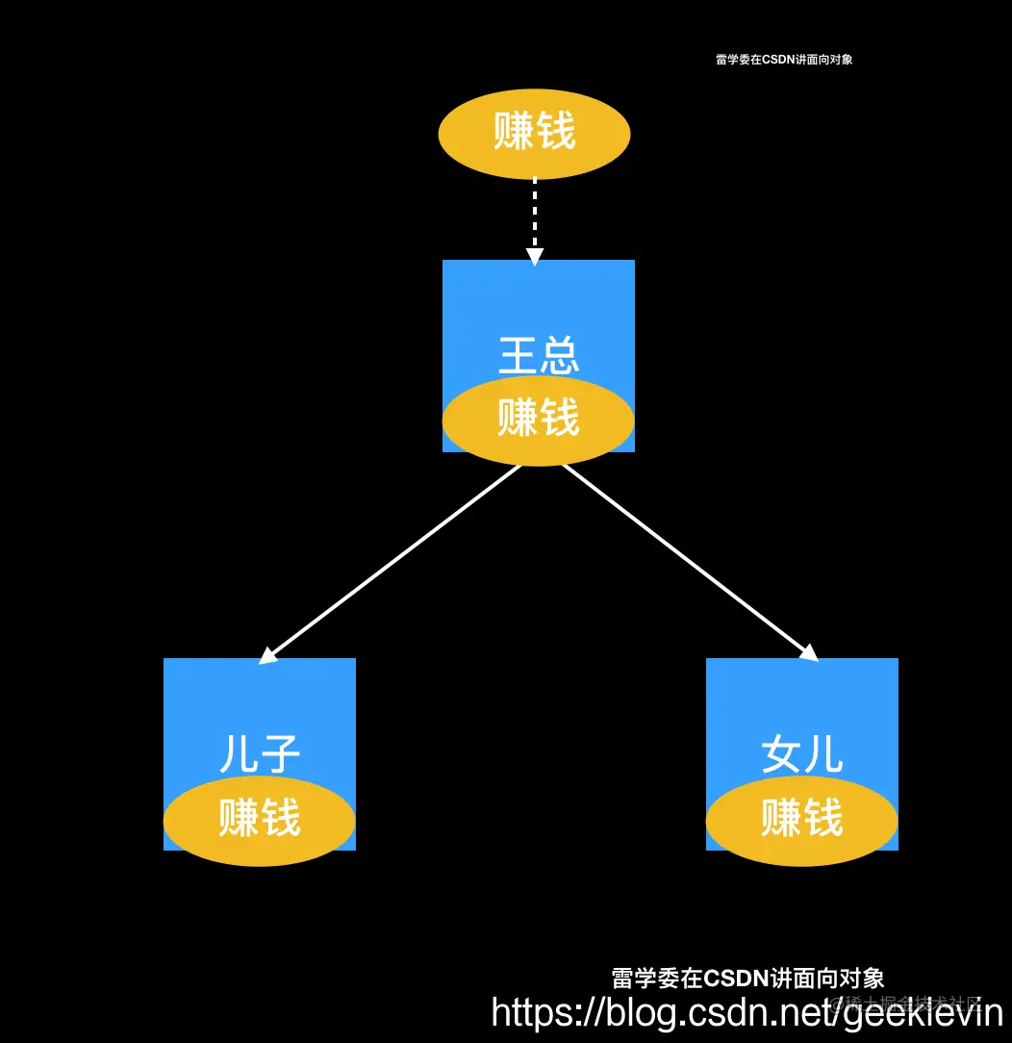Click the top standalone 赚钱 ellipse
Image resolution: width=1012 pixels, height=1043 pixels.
pyautogui.click(x=534, y=133)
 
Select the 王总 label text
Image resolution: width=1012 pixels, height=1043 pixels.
pyautogui.click(x=539, y=355)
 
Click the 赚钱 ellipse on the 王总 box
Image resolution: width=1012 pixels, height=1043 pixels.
pyautogui.click(x=538, y=420)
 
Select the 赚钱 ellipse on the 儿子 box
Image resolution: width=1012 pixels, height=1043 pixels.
pyautogui.click(x=259, y=820)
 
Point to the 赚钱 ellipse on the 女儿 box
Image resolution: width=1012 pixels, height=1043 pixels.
pyautogui.click(x=801, y=820)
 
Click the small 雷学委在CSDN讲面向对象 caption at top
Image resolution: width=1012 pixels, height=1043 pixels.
pyautogui.click(x=784, y=60)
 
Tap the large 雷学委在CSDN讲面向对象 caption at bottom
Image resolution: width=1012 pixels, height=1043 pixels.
pyautogui.click(x=747, y=979)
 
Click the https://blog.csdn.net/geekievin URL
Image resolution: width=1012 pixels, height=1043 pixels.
pyautogui.click(x=746, y=1012)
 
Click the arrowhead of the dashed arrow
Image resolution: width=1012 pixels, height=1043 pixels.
pyautogui.click(x=535, y=256)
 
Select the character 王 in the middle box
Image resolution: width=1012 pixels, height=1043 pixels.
pyautogui.click(x=519, y=355)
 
